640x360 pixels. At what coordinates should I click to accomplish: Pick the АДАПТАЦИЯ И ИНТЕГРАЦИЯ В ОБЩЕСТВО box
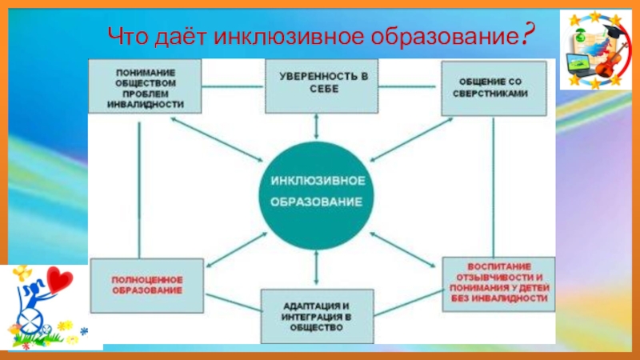point(318,316)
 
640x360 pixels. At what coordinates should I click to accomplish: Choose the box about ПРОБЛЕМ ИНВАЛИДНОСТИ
point(144,86)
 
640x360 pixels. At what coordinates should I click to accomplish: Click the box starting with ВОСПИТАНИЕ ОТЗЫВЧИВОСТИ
point(498,283)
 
